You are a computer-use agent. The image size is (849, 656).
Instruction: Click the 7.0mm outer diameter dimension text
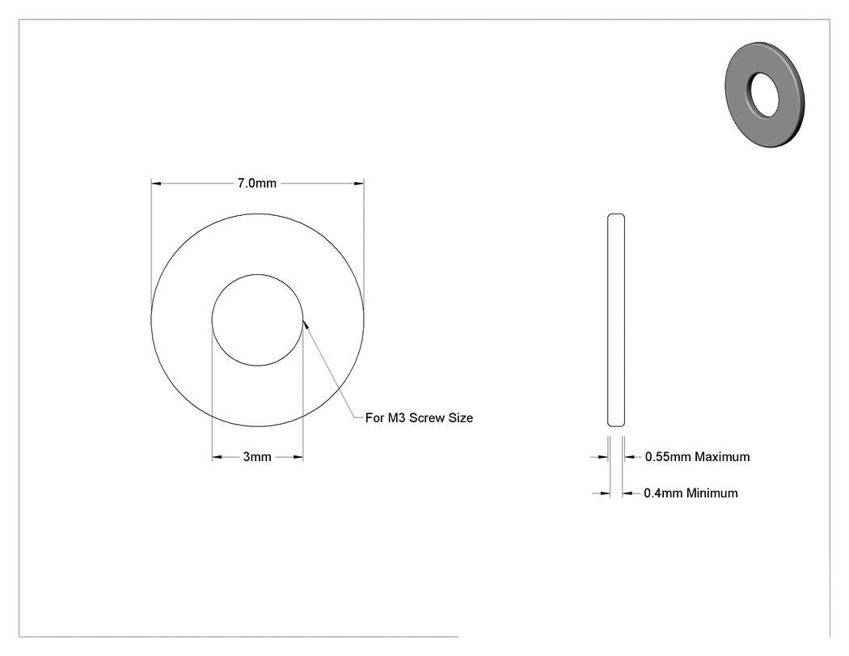[x=256, y=184]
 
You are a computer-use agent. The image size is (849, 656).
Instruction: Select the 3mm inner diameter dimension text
[x=257, y=457]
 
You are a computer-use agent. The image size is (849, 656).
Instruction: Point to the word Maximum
[x=722, y=457]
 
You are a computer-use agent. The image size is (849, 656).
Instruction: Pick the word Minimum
[x=712, y=493]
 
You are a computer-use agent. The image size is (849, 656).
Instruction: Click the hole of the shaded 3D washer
[x=764, y=95]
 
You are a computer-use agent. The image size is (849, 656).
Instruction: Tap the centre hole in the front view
[x=257, y=320]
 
